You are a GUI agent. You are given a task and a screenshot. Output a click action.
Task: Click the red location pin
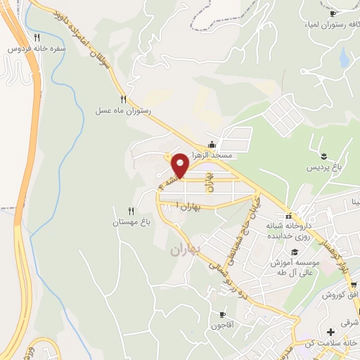click(180, 165)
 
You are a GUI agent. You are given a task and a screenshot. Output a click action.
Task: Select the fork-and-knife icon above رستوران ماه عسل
click(124, 99)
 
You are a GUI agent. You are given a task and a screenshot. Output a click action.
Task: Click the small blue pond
click(344, 58)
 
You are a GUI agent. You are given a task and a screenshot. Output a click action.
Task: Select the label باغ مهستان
click(132, 223)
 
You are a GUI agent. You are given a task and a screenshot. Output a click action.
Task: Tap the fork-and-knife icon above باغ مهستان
click(131, 211)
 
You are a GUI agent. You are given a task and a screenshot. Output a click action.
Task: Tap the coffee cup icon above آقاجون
click(223, 314)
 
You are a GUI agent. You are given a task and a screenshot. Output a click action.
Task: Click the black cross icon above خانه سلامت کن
click(330, 331)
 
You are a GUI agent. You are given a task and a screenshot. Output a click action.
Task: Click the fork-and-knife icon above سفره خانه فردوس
click(37, 37)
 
